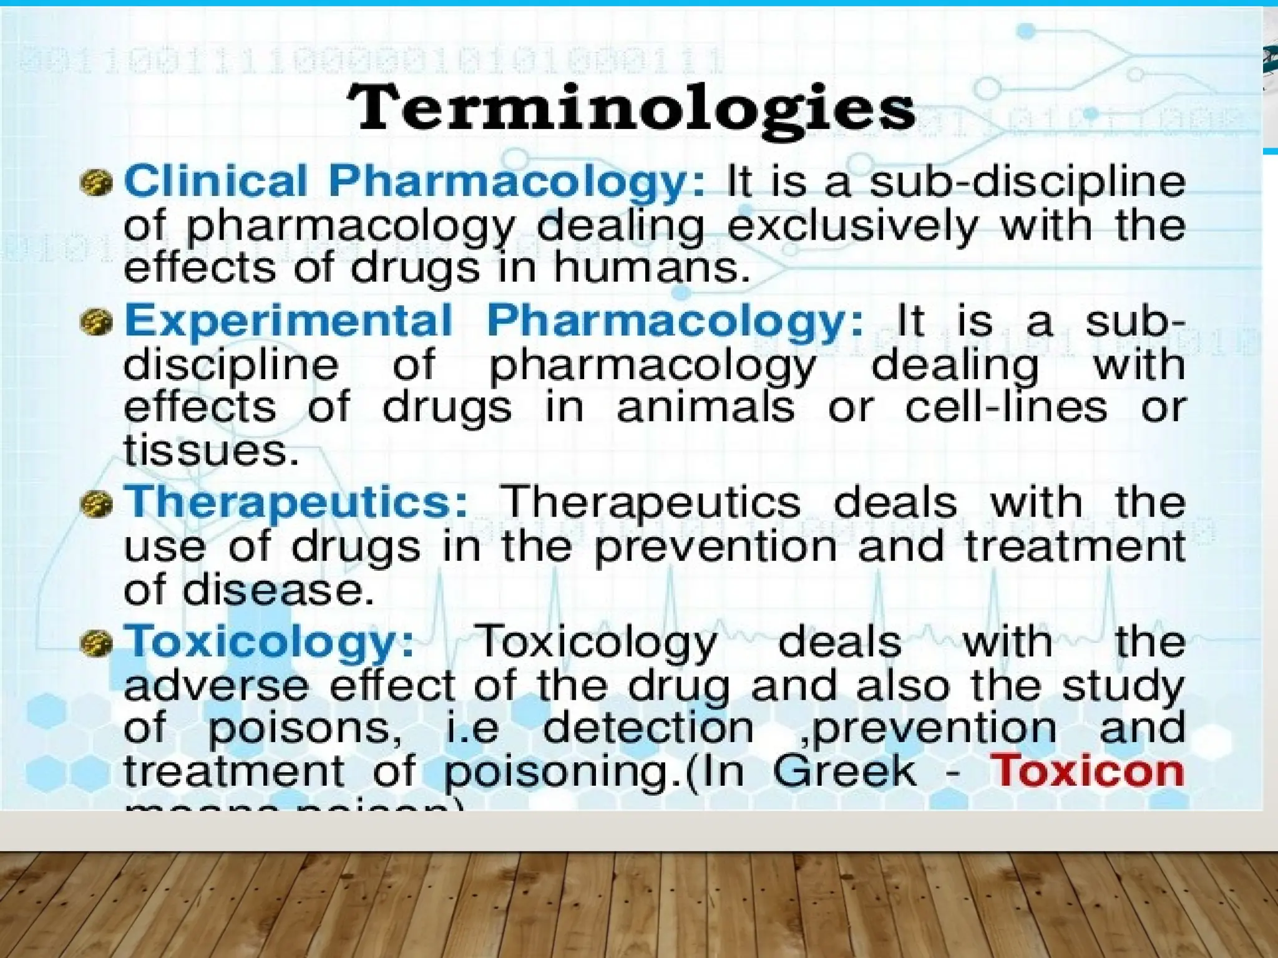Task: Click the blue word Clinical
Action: (x=216, y=181)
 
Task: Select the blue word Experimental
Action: (x=288, y=321)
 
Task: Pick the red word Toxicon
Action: (x=1087, y=772)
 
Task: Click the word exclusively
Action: (x=852, y=226)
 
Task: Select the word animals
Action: (x=706, y=407)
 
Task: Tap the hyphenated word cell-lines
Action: (x=1006, y=407)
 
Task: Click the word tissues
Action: (x=211, y=450)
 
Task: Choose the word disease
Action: (x=278, y=590)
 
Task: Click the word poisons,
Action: (x=305, y=728)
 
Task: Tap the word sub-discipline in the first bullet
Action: (x=1027, y=181)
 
